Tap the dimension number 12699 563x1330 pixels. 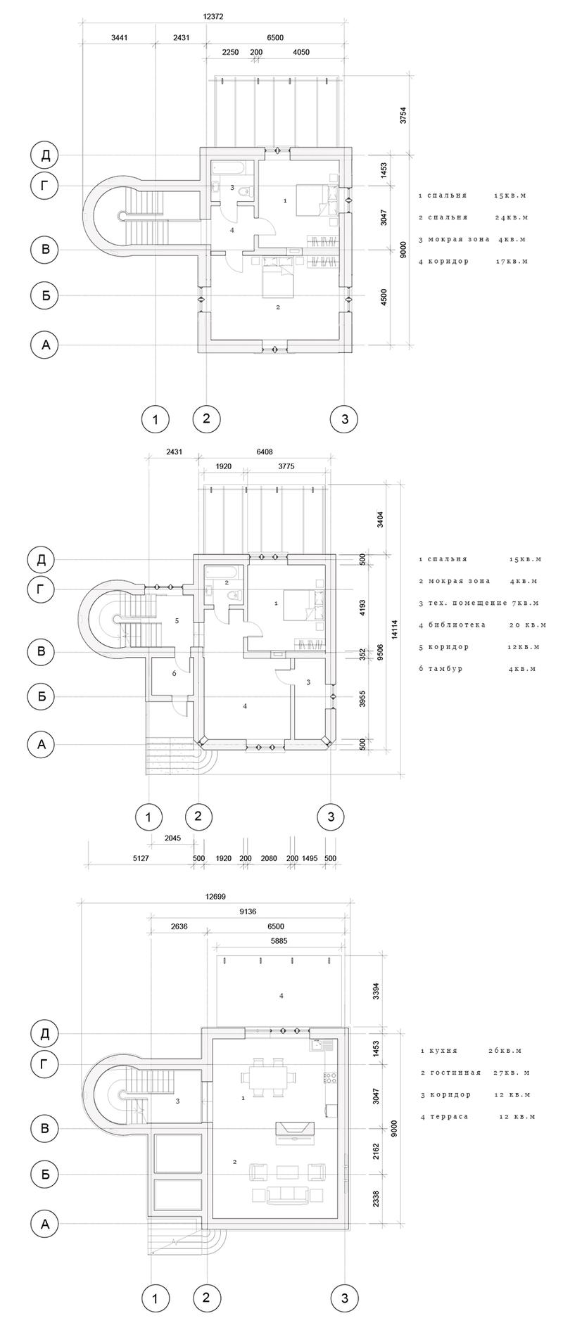pyautogui.click(x=215, y=897)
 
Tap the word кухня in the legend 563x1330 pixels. pyautogui.click(x=443, y=1051)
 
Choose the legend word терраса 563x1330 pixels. pyautogui.click(x=448, y=1117)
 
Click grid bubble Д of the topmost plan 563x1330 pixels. pyautogui.click(x=46, y=155)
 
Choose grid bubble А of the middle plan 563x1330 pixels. pyautogui.click(x=42, y=744)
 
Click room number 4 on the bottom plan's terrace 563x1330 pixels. pyautogui.click(x=281, y=995)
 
